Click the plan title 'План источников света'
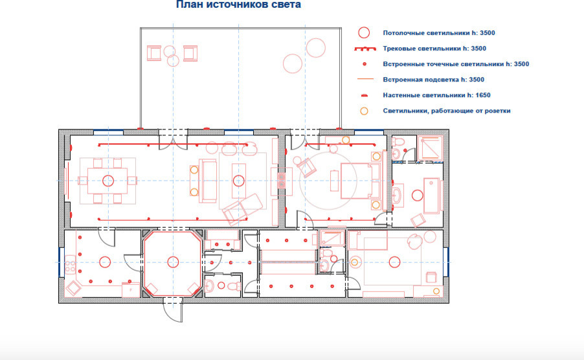[238, 5]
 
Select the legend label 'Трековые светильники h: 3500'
[434, 49]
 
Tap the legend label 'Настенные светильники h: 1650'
[436, 95]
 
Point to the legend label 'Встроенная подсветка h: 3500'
[434, 80]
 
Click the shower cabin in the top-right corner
[430, 148]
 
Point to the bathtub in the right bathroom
[432, 196]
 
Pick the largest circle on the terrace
[293, 63]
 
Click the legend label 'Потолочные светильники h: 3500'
[439, 33]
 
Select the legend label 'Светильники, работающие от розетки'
[447, 111]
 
